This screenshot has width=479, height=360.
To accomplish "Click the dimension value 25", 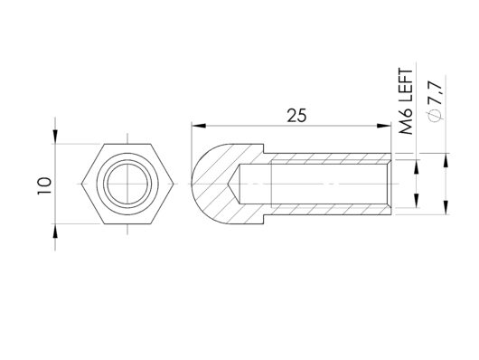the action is click(296, 116).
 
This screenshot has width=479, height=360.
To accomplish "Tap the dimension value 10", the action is click(44, 185).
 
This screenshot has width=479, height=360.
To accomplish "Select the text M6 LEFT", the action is click(407, 102).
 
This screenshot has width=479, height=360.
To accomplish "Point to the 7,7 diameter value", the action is click(435, 93).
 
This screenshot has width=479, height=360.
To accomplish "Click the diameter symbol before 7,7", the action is click(435, 115).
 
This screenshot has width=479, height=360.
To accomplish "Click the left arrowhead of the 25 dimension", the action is click(199, 126).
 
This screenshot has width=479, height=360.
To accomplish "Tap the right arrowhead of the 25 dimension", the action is click(384, 126).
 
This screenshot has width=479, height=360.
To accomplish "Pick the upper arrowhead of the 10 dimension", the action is click(55, 137).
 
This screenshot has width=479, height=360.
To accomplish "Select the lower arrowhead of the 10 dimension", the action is click(55, 231).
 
